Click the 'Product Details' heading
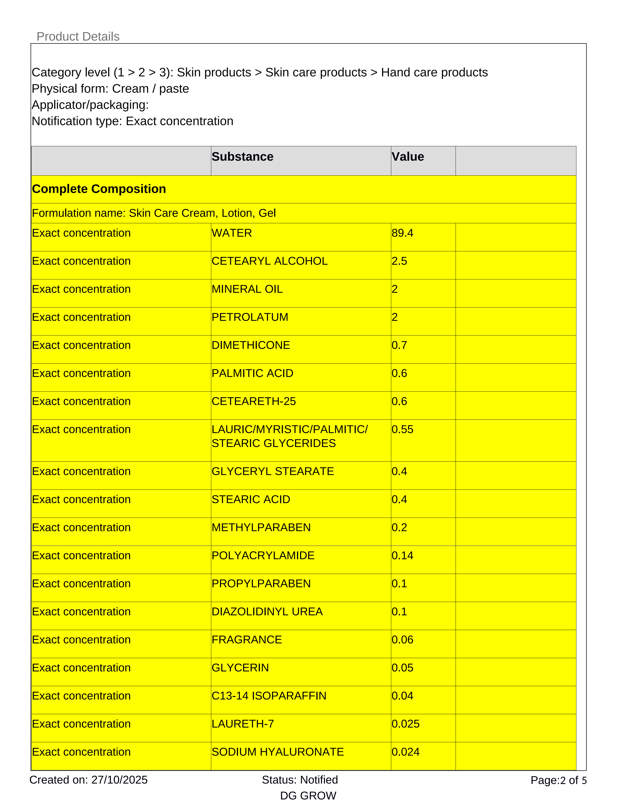coord(78,36)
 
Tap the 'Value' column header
coord(407,157)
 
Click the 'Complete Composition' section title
coord(99,189)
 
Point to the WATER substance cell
coord(232,233)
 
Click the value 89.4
coord(402,233)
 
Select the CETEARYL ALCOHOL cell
coord(269,261)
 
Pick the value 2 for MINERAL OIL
coord(395,289)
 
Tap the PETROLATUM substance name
coord(250,317)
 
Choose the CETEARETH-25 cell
coord(254,401)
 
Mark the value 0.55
coord(402,430)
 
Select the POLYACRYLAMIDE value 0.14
coord(402,555)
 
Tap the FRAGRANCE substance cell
coord(247,640)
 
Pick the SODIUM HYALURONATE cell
coord(277,752)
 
